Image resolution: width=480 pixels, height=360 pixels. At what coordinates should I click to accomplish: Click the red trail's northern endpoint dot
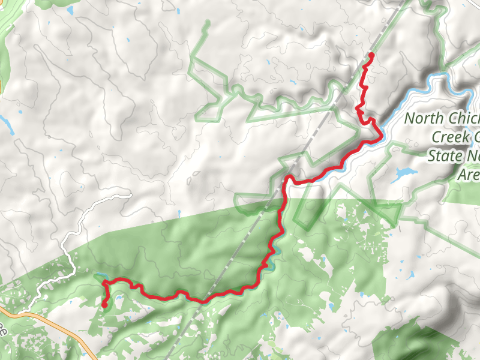[371, 55]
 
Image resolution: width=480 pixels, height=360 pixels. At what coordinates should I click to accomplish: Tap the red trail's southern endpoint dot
[104, 305]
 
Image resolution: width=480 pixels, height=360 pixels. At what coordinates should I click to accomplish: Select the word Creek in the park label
[450, 137]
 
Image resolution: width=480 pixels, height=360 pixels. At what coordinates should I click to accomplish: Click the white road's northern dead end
[129, 195]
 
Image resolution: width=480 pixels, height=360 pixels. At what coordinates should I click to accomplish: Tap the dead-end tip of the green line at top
[208, 23]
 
